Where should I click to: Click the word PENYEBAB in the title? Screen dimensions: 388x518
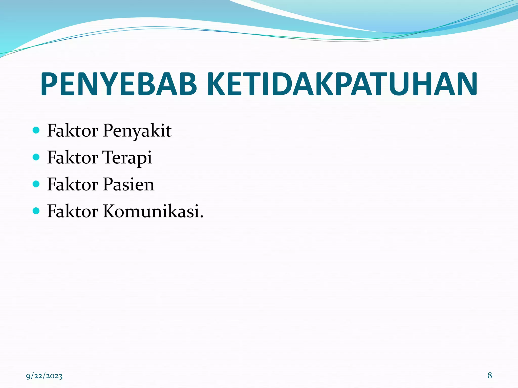coord(118,84)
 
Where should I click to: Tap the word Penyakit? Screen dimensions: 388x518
coord(137,131)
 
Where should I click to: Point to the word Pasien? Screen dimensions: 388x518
coord(129,184)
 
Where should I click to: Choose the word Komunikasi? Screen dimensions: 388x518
coord(151,211)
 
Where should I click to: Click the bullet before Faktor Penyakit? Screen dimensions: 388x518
coord(36,130)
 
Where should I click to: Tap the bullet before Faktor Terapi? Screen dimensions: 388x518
coord(36,157)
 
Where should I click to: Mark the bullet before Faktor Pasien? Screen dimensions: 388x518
coord(36,184)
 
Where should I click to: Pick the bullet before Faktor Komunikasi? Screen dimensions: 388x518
coord(36,211)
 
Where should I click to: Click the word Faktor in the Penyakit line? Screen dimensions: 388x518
coord(73,131)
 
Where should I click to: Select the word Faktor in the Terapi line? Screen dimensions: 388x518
coord(73,158)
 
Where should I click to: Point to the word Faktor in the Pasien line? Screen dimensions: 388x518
coord(73,184)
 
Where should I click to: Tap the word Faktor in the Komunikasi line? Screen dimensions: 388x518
coord(73,211)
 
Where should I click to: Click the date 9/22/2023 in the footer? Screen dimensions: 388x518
coord(44,376)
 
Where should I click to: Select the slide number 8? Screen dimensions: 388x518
coord(490,375)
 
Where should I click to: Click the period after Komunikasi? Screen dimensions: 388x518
coord(202,216)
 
